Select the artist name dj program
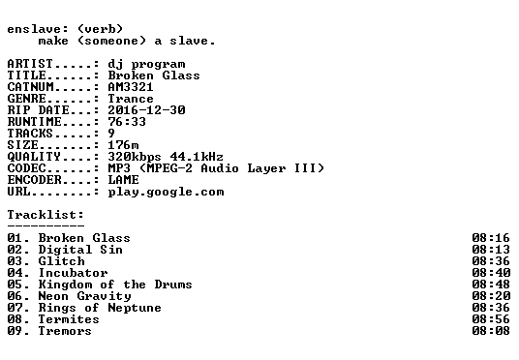click(x=146, y=65)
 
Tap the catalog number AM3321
click(x=131, y=87)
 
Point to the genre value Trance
click(x=131, y=99)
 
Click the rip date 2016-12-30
click(x=146, y=110)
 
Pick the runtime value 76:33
click(x=127, y=122)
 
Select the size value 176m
click(x=123, y=145)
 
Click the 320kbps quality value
click(x=135, y=157)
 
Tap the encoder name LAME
click(x=123, y=180)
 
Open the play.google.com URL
click(x=166, y=193)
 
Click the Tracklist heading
click(x=46, y=215)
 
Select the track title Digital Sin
click(x=80, y=250)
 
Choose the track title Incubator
click(x=73, y=273)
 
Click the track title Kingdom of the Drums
click(x=115, y=285)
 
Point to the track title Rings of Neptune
click(x=100, y=308)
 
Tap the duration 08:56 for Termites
click(x=491, y=319)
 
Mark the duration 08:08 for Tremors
click(x=491, y=331)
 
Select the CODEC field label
click(x=26, y=168)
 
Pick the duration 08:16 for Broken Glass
click(x=491, y=238)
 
